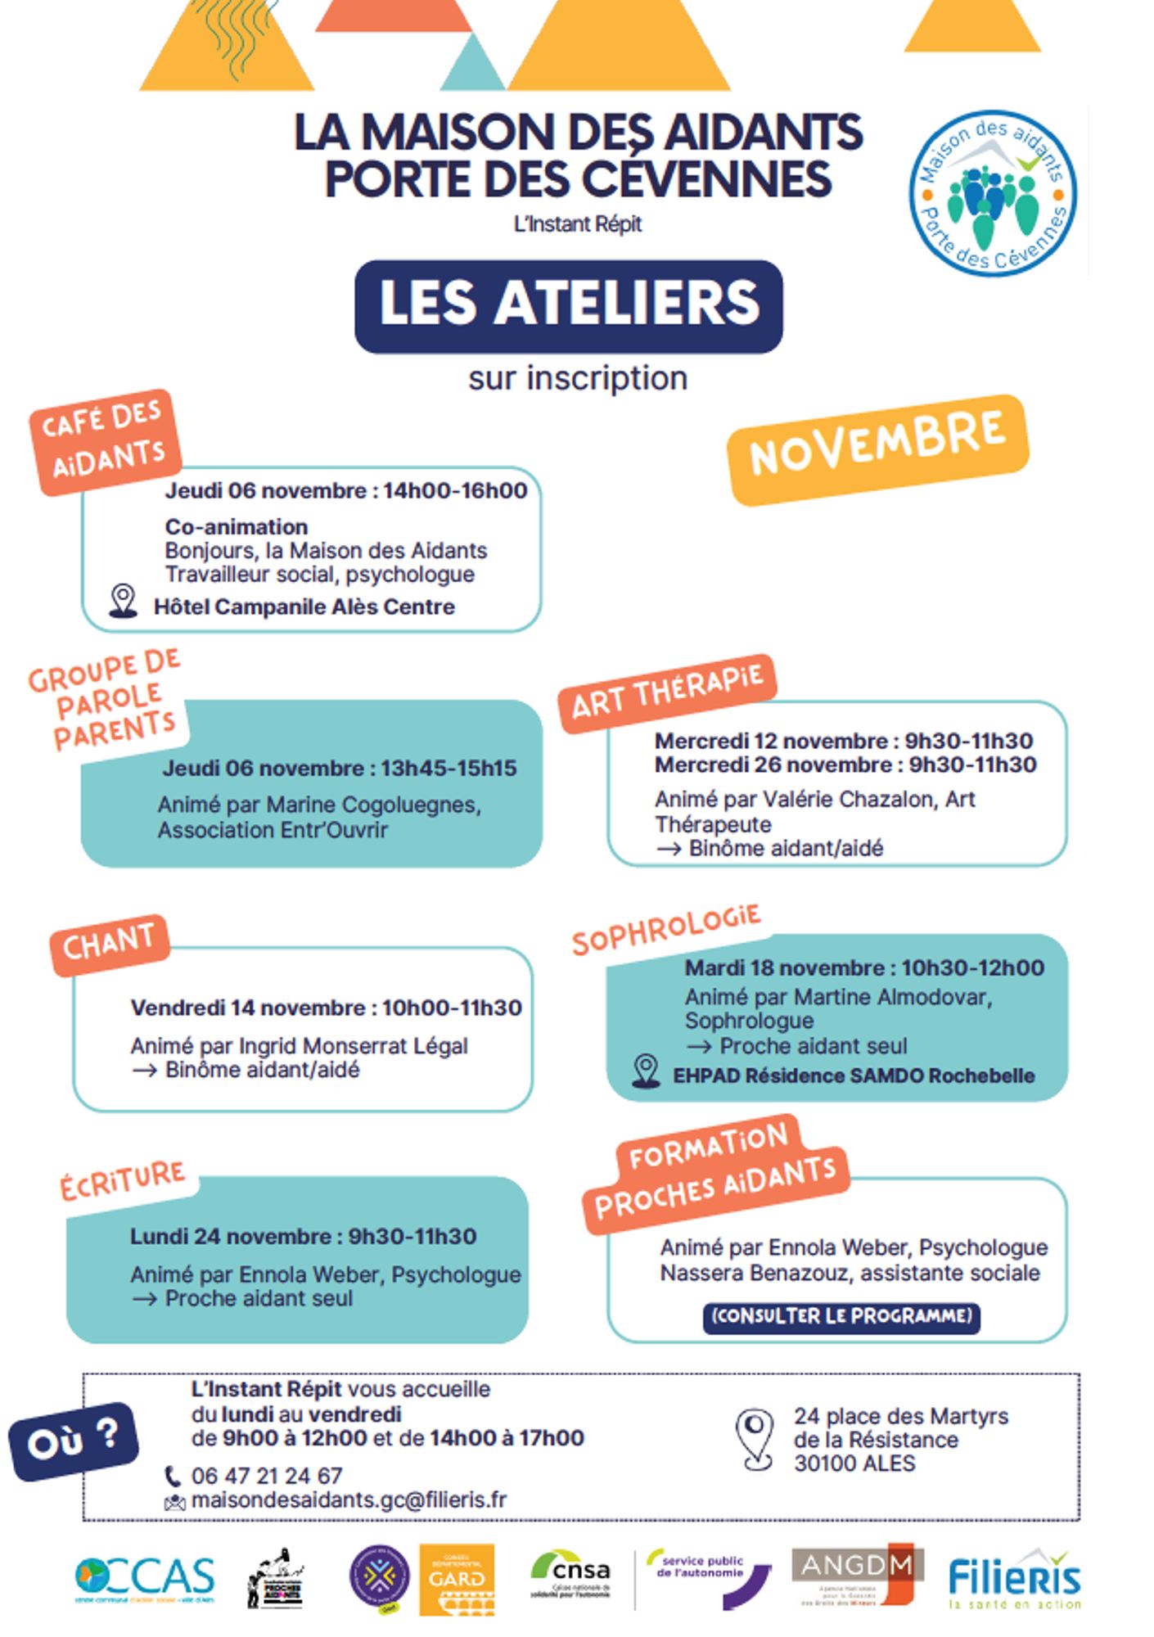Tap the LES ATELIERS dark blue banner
[568, 305]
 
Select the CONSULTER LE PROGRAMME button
[841, 1316]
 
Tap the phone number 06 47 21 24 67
[267, 1476]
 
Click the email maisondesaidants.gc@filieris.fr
[349, 1499]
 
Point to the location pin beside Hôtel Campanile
[124, 601]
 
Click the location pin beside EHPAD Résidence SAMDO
[647, 1071]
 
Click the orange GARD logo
[457, 1579]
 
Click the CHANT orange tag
[109, 944]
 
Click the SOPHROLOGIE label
[666, 929]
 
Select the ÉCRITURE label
[123, 1179]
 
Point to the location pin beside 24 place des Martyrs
[754, 1439]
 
